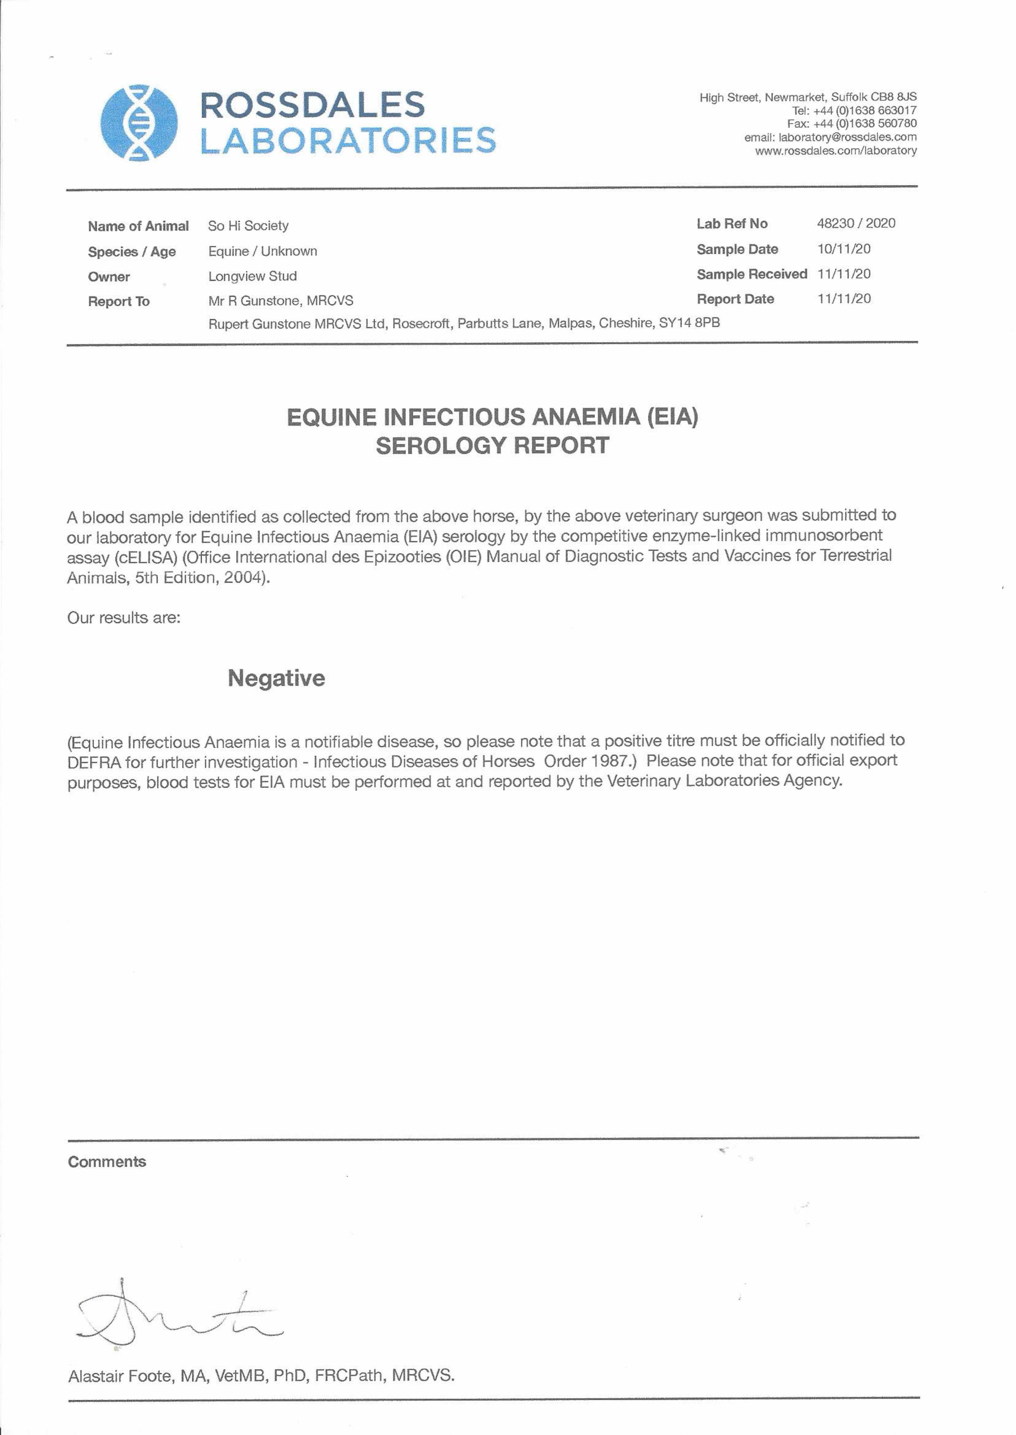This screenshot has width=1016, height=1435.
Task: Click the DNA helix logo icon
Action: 139,123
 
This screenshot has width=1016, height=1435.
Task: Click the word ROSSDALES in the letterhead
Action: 312,105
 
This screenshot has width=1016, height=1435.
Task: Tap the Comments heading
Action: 107,1162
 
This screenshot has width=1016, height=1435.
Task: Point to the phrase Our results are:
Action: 124,618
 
